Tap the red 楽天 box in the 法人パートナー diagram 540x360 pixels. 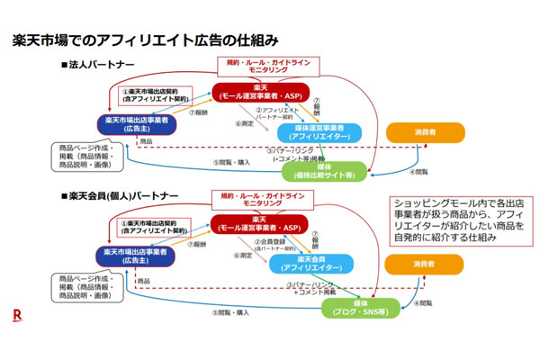coord(260,92)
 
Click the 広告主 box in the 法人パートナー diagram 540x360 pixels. coord(135,124)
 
